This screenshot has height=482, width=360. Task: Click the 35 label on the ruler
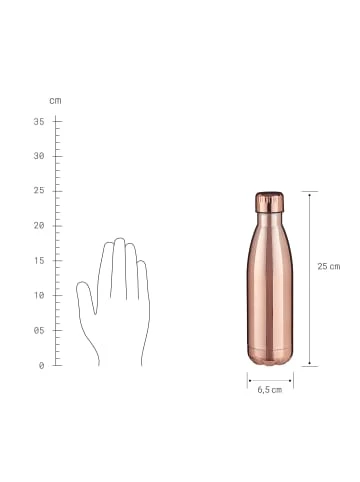coord(39,122)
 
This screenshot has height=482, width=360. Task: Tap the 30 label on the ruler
coord(39,156)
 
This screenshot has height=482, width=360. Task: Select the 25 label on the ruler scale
coord(39,191)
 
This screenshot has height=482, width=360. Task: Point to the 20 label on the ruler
coord(39,226)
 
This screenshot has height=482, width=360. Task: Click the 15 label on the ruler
coord(39,261)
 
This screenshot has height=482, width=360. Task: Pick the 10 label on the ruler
coord(39,295)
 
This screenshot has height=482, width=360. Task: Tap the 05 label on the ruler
coord(39,331)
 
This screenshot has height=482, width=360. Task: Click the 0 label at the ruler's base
coord(41,366)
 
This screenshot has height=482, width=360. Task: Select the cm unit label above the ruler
coord(55,101)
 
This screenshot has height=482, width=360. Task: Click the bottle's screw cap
coord(269,202)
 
